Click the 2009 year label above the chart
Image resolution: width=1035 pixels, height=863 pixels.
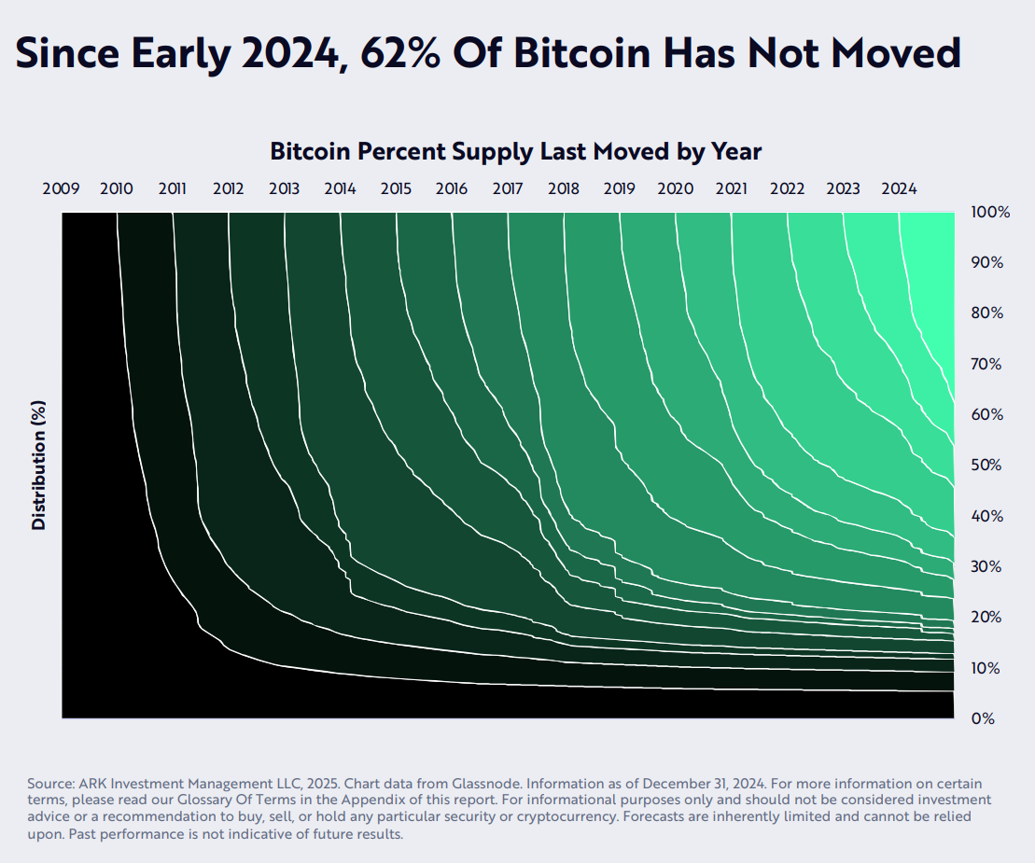[x=61, y=188]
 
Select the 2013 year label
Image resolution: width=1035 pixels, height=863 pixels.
[x=284, y=188]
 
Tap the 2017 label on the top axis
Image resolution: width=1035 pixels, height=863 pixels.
[x=508, y=188]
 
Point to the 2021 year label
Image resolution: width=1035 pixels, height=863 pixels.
[x=731, y=188]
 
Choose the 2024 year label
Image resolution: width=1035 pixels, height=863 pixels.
[x=899, y=188]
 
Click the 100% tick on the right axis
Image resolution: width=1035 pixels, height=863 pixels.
[x=990, y=212]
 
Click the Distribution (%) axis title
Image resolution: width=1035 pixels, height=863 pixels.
[x=38, y=466]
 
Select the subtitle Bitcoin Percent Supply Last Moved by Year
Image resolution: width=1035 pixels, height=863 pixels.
[x=515, y=151]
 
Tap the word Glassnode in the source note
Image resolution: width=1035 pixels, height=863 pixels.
[x=515, y=784]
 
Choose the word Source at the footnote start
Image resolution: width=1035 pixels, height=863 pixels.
[x=49, y=784]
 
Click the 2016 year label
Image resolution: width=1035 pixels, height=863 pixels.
[x=452, y=188]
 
